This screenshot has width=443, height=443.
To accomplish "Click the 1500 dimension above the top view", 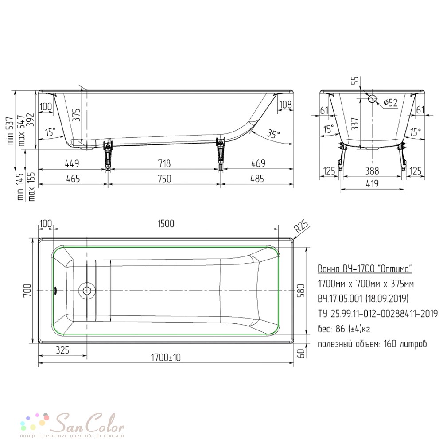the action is (166, 223).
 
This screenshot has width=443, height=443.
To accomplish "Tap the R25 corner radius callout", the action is (301, 226).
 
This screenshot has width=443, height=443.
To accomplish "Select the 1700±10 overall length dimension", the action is (166, 358).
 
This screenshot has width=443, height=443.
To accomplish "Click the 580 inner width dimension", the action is (301, 291).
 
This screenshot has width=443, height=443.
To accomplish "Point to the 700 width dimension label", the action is (27, 291).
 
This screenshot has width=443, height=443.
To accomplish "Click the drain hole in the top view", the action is (87, 291).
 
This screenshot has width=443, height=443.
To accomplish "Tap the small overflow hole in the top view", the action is (55, 291).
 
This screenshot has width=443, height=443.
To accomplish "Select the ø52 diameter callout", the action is (390, 103).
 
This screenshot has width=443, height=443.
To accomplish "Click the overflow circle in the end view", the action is (372, 99).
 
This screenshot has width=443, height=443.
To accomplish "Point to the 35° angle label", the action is (273, 133).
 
